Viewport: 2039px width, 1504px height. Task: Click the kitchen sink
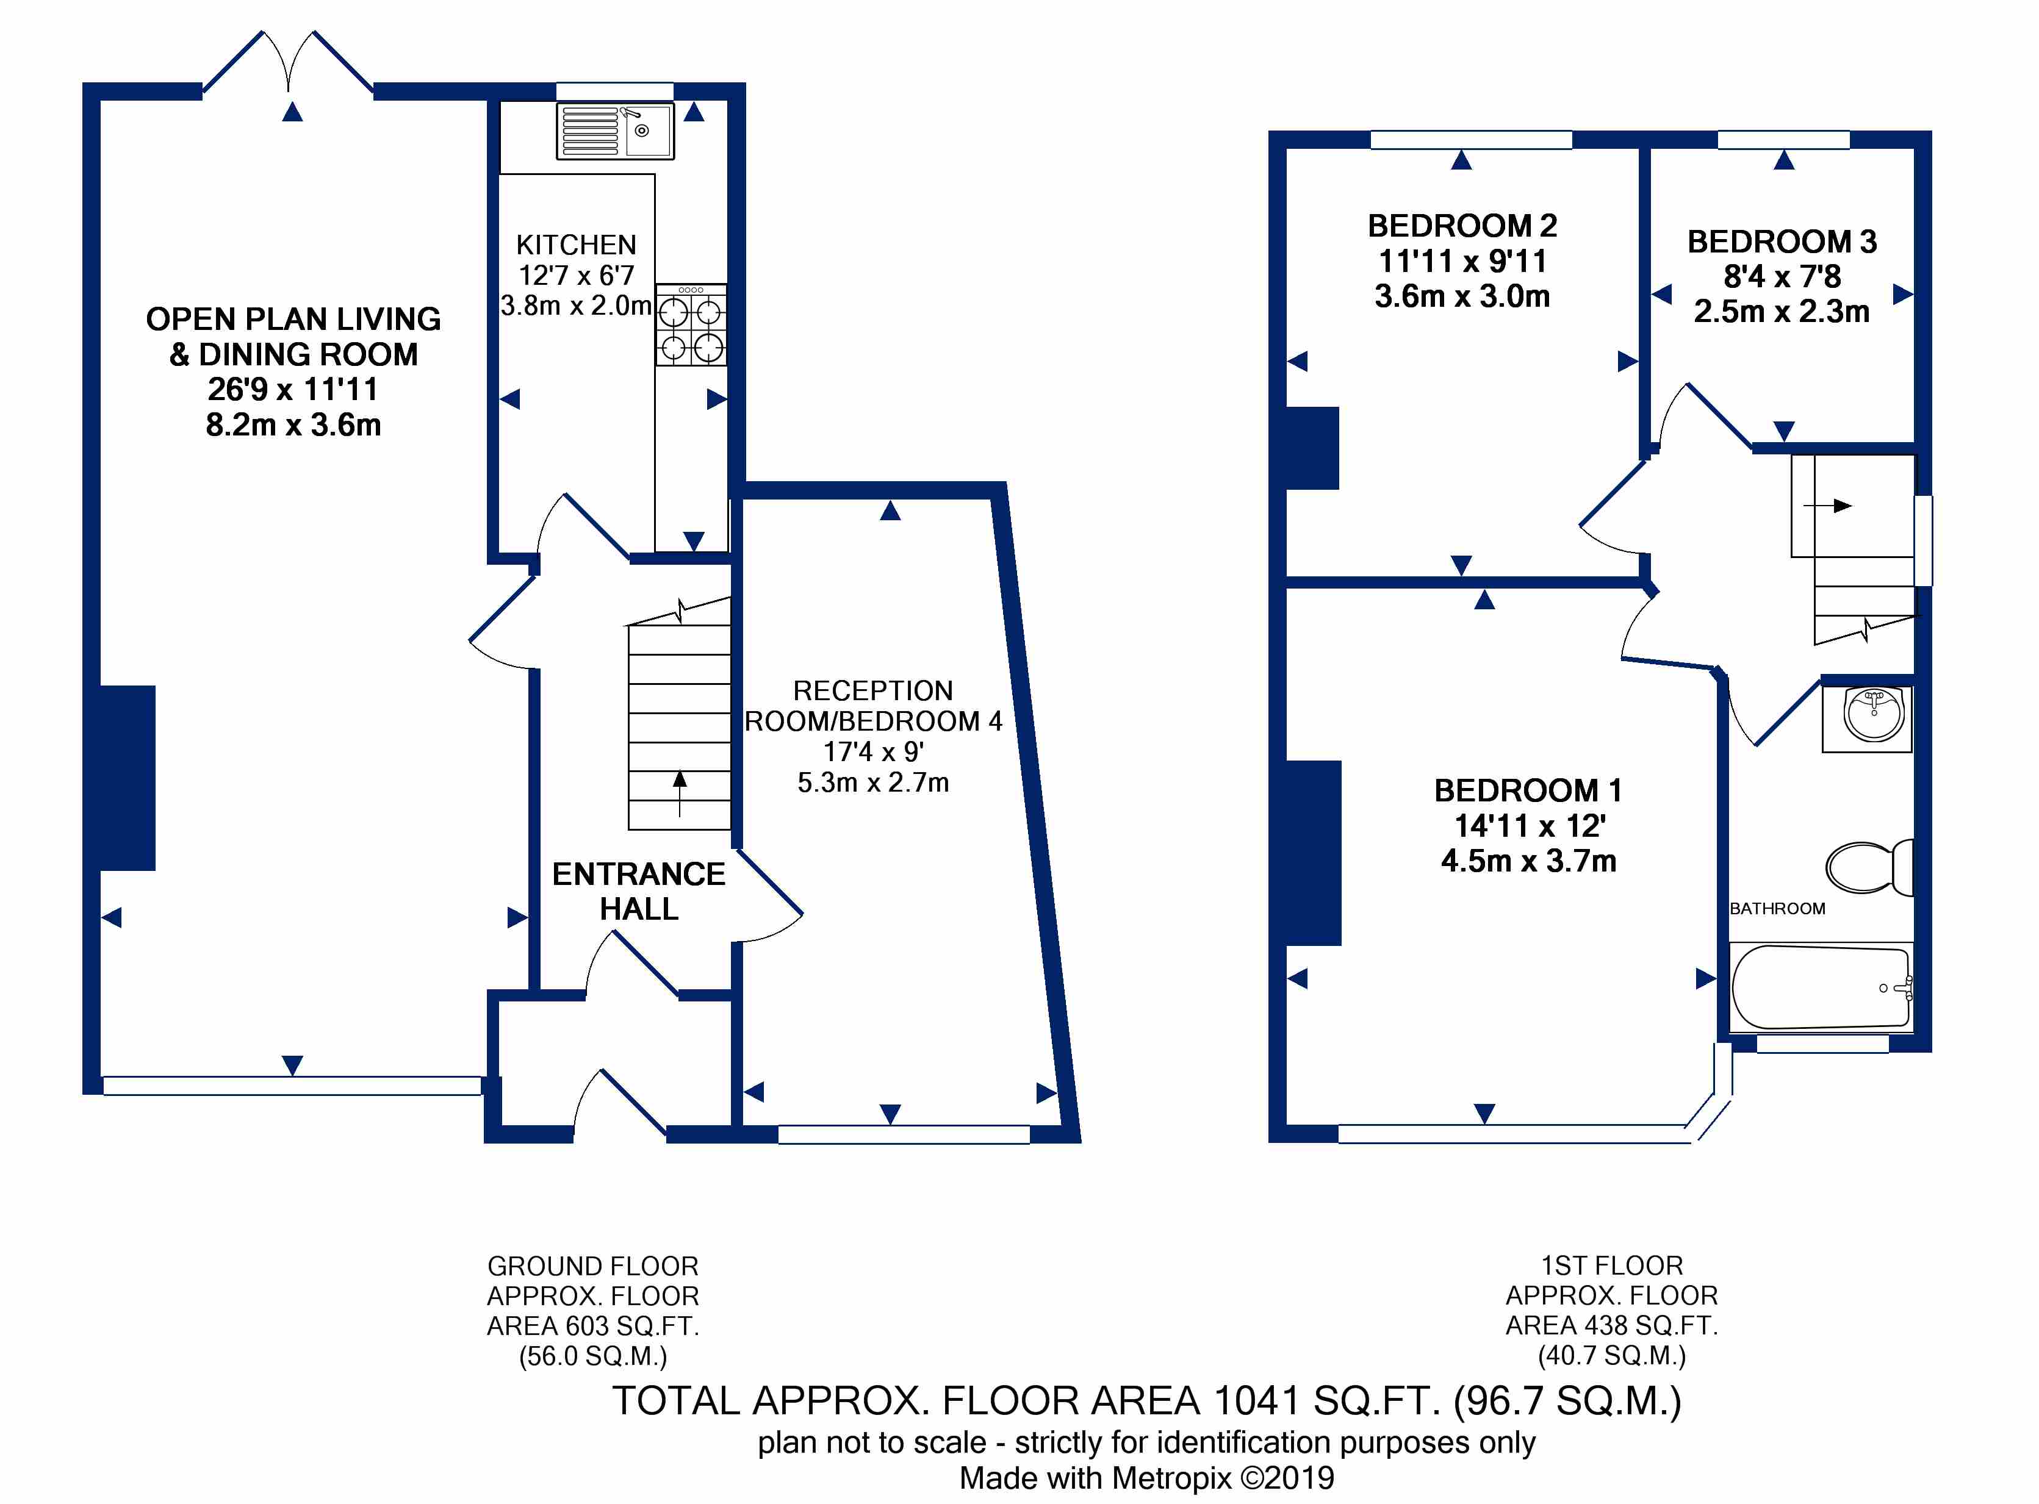coord(616,131)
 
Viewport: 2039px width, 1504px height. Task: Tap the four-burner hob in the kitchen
coord(691,325)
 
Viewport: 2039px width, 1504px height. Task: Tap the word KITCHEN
coord(577,245)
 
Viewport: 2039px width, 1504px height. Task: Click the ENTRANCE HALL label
coord(639,891)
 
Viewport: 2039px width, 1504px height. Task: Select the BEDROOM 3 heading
coord(1782,242)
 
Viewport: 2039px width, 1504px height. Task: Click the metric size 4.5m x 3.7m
coord(1529,861)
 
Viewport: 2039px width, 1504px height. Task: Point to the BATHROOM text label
coord(1778,909)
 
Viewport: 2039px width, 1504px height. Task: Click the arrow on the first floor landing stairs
coord(1828,505)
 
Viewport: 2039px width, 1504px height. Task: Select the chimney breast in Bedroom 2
coord(1312,448)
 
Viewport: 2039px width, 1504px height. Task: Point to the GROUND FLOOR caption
coord(593,1266)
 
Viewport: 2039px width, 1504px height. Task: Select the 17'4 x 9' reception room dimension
coord(873,752)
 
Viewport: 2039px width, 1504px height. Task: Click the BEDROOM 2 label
coord(1462,225)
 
